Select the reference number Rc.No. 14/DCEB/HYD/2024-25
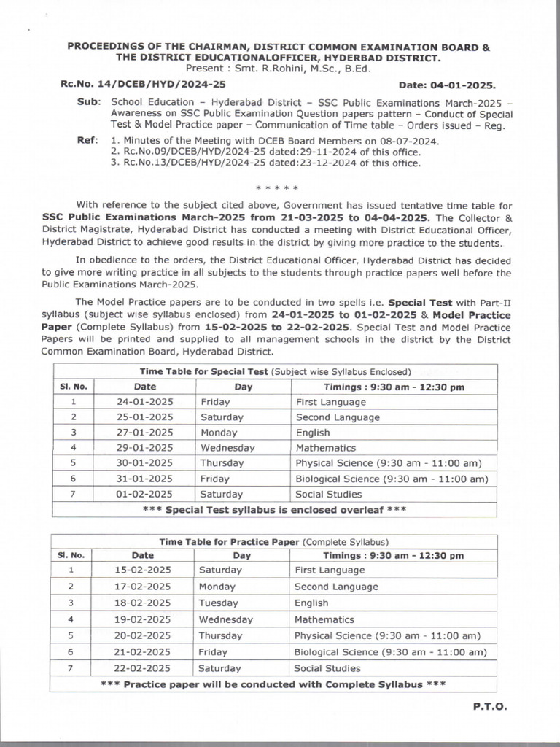click(143, 85)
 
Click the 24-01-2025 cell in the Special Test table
click(145, 402)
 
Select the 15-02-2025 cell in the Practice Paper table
click(143, 570)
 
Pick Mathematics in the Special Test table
click(326, 448)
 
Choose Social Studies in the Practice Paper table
click(327, 667)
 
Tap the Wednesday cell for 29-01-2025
click(227, 448)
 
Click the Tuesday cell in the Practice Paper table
click(219, 603)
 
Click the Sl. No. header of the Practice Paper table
click(71, 555)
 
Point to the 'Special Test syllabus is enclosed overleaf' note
click(274, 509)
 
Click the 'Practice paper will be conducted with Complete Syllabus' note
click(273, 684)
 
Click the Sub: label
click(88, 102)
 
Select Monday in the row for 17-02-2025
click(217, 587)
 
